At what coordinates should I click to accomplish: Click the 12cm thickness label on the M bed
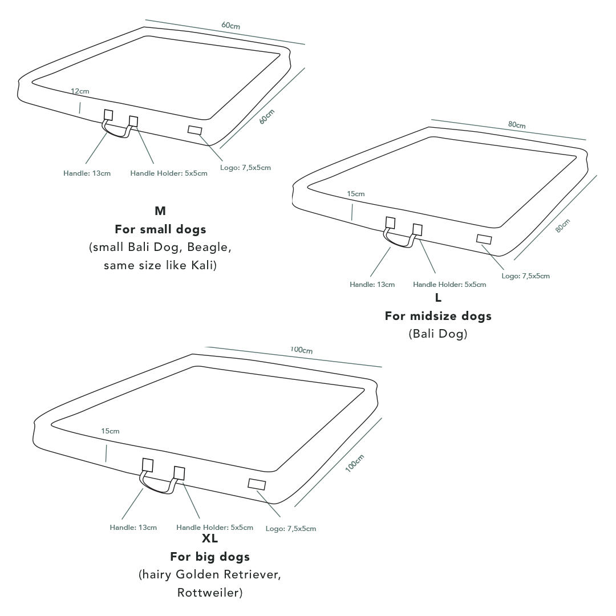80,91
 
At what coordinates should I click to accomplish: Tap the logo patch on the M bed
194,130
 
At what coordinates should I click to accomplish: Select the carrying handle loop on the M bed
115,130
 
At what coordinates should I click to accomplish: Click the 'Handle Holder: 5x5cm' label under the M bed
168,173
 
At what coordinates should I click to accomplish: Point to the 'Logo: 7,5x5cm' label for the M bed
245,168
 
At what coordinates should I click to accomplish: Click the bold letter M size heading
160,211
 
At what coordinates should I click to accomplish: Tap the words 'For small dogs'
160,229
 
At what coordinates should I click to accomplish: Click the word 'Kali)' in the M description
204,265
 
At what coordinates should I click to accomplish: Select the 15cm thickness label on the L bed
355,194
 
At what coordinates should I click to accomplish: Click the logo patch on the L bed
484,239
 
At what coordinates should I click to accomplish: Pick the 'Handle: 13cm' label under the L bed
372,285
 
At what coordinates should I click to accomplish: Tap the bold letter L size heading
438,298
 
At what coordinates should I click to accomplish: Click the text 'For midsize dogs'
438,316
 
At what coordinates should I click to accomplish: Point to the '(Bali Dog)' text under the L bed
438,334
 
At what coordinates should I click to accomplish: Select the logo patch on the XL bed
257,484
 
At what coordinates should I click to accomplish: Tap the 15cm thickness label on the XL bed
110,431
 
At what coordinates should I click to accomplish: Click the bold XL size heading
210,538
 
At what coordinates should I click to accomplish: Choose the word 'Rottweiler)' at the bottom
210,593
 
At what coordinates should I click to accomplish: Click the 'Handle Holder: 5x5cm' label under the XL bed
214,527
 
